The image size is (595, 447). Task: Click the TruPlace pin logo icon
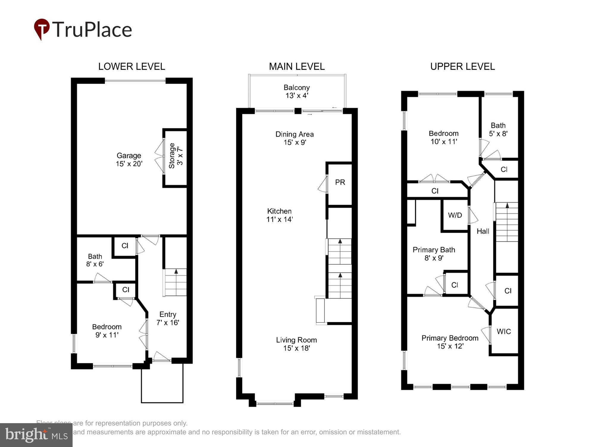pos(42,29)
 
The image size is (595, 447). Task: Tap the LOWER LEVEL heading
pos(131,66)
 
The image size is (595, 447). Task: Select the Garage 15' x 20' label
pos(129,159)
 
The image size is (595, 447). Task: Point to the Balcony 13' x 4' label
pos(297,91)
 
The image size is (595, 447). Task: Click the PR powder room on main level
pos(340,182)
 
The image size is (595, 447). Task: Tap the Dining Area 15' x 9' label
pos(295,138)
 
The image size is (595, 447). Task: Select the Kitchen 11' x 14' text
pos(279,215)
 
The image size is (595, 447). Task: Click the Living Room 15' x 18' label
pos(296,344)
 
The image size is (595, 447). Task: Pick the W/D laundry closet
pos(455,215)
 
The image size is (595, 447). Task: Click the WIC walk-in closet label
pos(504,331)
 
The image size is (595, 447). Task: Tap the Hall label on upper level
pos(483,231)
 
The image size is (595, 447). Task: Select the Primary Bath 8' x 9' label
pos(434,254)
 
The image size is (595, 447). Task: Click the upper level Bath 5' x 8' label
pos(498,129)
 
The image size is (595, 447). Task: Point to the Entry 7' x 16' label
pos(168,318)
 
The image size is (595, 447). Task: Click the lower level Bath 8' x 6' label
pos(95,260)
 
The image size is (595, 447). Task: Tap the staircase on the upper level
pos(507,222)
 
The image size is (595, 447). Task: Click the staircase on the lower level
pos(176,282)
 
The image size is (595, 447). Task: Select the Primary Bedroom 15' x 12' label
pos(450,342)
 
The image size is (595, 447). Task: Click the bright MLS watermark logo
pos(36,435)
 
